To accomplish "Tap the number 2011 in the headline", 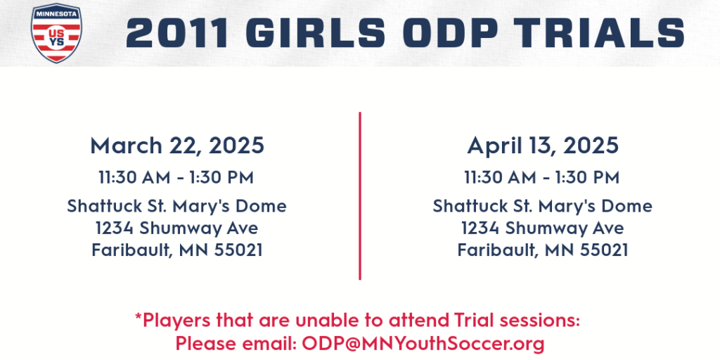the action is [x=177, y=33].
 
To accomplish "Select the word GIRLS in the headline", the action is [x=316, y=33].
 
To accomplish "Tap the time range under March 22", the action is [x=176, y=178].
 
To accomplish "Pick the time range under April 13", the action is [x=542, y=178].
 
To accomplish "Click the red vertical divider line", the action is [x=360, y=195].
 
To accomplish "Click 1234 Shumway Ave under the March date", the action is [x=176, y=229].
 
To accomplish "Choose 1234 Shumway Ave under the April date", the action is [x=542, y=229].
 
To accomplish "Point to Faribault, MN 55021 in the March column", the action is [x=176, y=250].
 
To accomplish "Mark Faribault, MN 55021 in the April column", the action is [x=542, y=250].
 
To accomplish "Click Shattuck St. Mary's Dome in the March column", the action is [x=176, y=206].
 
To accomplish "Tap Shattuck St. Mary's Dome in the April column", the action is [x=542, y=206].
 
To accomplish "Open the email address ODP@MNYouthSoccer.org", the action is [x=423, y=343].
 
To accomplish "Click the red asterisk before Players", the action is [x=139, y=316].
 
